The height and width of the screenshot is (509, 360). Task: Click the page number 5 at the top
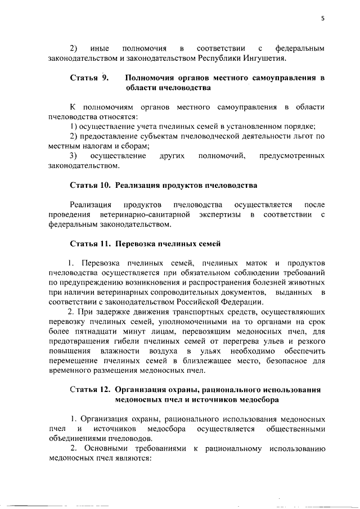[x=323, y=17]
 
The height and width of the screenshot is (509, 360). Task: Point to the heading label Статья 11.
[x=91, y=244]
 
